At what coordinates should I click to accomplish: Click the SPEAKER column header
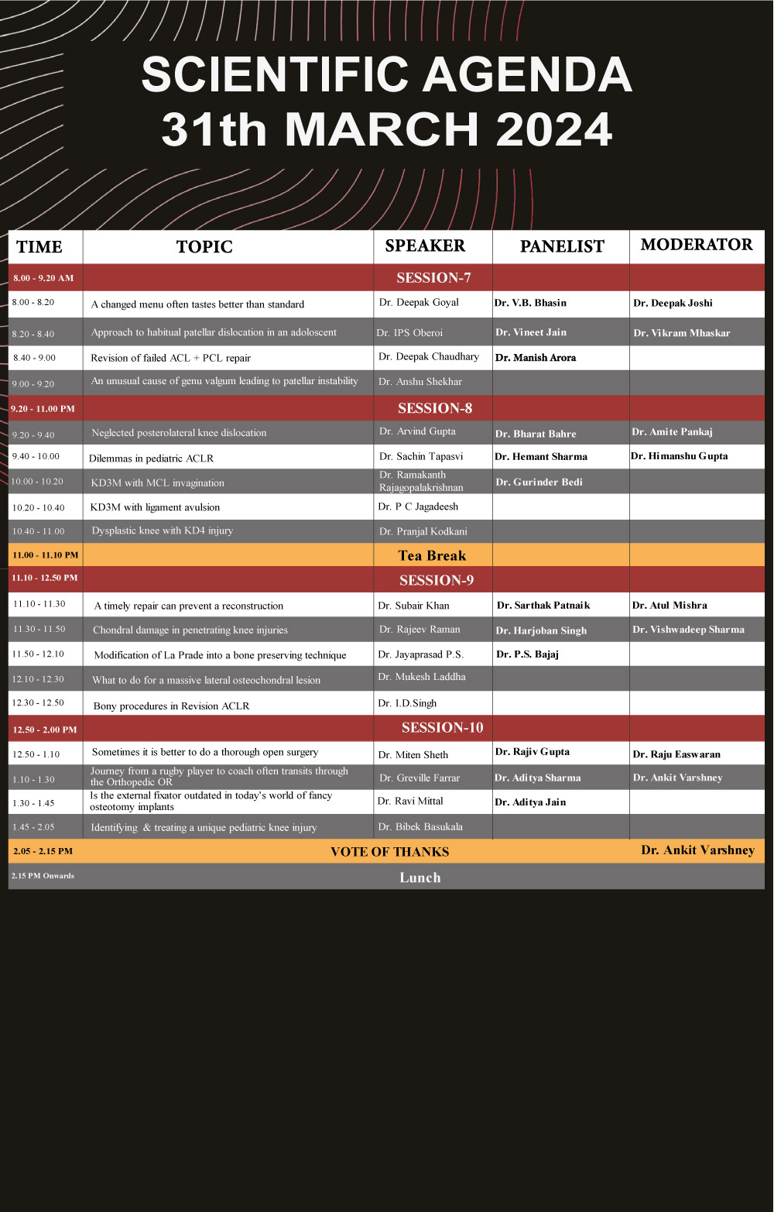(x=425, y=245)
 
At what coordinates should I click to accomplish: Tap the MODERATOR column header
(x=697, y=245)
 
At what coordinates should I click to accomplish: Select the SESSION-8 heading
(x=435, y=408)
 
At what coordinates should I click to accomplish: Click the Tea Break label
(x=432, y=555)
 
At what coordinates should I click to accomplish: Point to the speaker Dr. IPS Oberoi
(x=409, y=333)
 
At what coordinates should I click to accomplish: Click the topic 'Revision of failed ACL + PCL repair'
(x=170, y=358)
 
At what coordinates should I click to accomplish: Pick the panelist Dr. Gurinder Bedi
(x=539, y=482)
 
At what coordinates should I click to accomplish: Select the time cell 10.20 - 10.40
(x=39, y=508)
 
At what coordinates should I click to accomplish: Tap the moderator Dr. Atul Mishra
(x=670, y=606)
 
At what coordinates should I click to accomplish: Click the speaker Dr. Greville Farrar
(x=420, y=778)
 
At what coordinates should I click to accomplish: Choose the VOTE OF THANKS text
(x=389, y=852)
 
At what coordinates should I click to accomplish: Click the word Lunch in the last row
(x=420, y=877)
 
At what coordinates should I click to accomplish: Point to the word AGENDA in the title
(x=527, y=75)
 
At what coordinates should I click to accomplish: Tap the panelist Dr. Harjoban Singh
(x=541, y=630)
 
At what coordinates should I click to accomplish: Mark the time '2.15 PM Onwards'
(x=43, y=876)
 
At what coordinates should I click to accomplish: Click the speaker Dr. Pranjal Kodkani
(x=423, y=532)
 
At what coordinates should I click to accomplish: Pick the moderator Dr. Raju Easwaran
(x=676, y=754)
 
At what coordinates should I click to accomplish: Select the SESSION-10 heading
(x=442, y=728)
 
